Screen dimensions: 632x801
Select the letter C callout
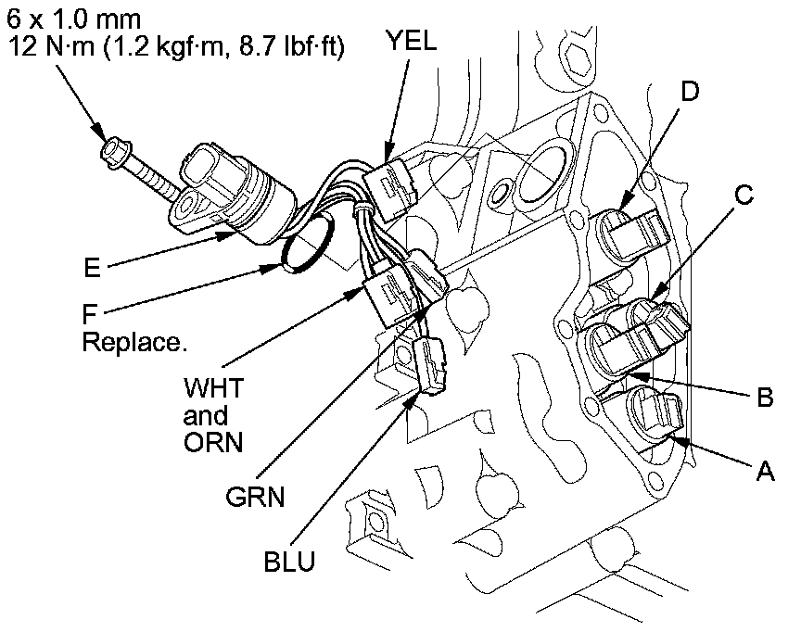click(744, 195)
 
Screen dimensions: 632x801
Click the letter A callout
click(764, 474)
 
